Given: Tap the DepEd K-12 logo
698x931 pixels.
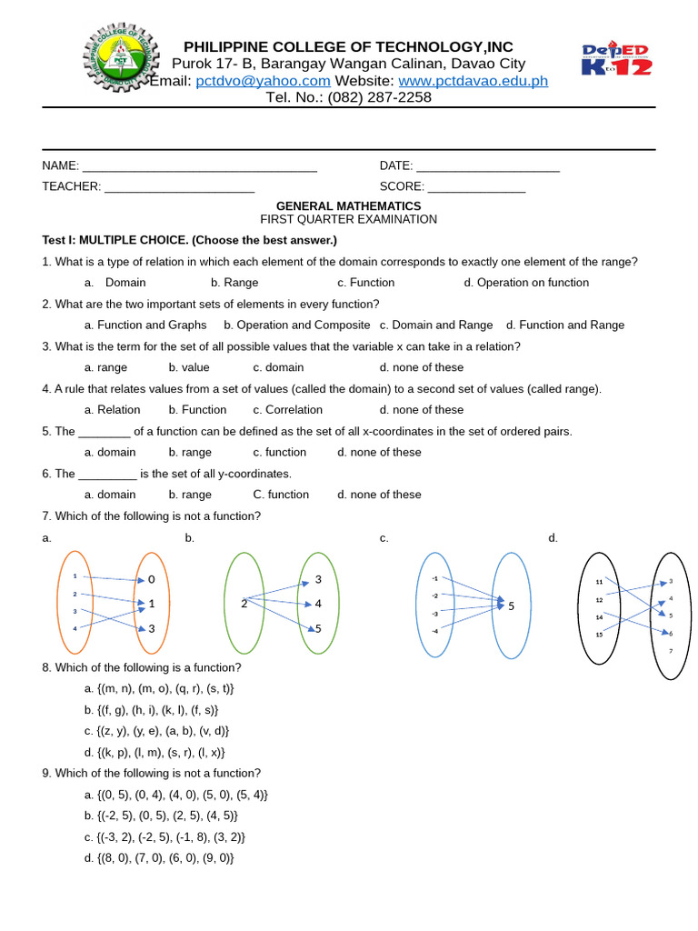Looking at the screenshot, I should pyautogui.click(x=617, y=59).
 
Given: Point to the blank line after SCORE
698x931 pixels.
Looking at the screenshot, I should pyautogui.click(x=476, y=187).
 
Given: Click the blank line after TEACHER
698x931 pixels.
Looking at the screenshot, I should pyautogui.click(x=179, y=187).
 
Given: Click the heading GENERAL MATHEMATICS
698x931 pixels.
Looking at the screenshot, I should pyautogui.click(x=348, y=206).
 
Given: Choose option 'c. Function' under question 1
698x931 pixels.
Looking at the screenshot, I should pyautogui.click(x=365, y=283).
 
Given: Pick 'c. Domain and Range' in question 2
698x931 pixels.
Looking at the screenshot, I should pyautogui.click(x=436, y=325).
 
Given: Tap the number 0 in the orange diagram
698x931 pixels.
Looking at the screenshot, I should pyautogui.click(x=152, y=580).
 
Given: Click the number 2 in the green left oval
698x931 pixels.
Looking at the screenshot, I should pyautogui.click(x=244, y=604).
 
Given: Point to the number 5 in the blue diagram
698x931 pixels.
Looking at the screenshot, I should pyautogui.click(x=512, y=606).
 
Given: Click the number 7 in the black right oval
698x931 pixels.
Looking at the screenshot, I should pyautogui.click(x=671, y=652).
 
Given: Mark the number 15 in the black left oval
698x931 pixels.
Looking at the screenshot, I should pyautogui.click(x=599, y=634).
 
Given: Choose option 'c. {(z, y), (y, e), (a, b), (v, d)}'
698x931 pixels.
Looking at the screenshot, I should pyautogui.click(x=157, y=731).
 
